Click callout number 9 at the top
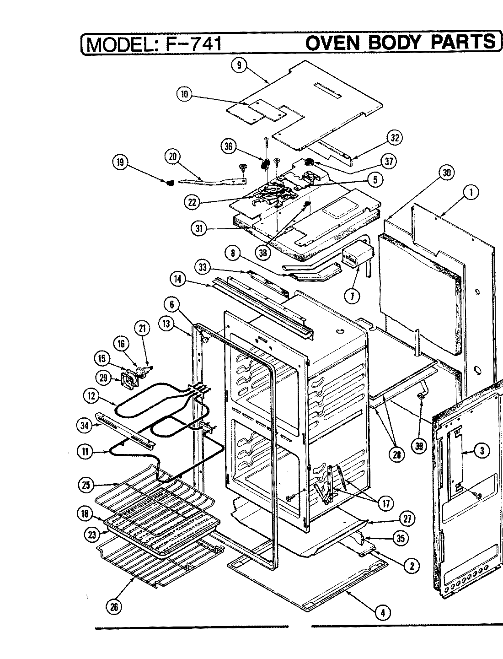click(238, 65)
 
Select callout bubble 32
click(394, 137)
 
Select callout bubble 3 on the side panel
click(482, 451)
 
